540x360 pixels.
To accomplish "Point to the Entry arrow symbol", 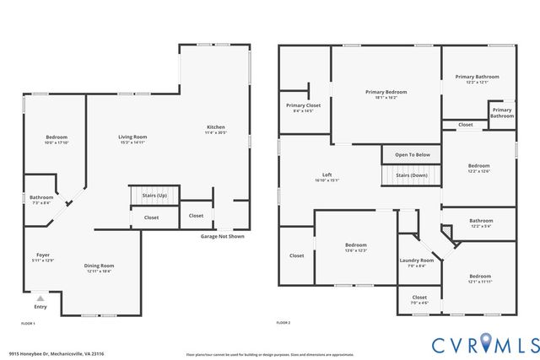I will pyautogui.click(x=39, y=298).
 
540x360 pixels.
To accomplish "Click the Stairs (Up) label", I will pyautogui.click(x=154, y=196).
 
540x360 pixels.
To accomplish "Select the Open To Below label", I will pyautogui.click(x=413, y=155).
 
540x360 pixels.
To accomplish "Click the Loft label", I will pyautogui.click(x=326, y=176).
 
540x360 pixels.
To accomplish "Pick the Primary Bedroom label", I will pyautogui.click(x=386, y=94).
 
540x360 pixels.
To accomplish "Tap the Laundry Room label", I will pyautogui.click(x=416, y=262).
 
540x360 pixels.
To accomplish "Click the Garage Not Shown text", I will pyautogui.click(x=223, y=237).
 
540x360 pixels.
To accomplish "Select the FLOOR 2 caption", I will pyautogui.click(x=283, y=323).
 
